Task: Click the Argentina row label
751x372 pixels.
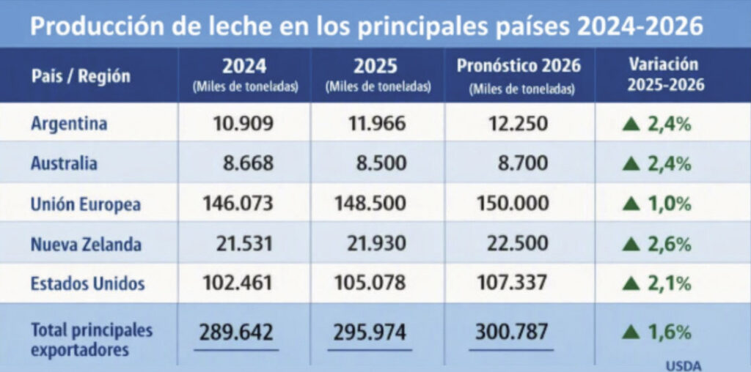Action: pyautogui.click(x=69, y=124)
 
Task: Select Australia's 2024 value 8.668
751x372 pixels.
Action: pyautogui.click(x=248, y=163)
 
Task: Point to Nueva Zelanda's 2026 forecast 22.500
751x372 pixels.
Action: pyautogui.click(x=518, y=243)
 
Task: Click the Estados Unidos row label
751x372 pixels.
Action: pyautogui.click(x=88, y=283)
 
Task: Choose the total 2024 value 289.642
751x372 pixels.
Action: pyautogui.click(x=236, y=332)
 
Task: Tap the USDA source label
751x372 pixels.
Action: pyautogui.click(x=683, y=366)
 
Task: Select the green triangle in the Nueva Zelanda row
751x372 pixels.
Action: pyautogui.click(x=631, y=245)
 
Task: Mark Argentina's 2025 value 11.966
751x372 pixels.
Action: pyautogui.click(x=377, y=124)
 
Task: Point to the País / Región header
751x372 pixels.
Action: pyautogui.click(x=81, y=76)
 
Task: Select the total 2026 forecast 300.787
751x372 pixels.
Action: pyautogui.click(x=511, y=332)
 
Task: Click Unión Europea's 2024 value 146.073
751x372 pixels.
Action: pyautogui.click(x=238, y=204)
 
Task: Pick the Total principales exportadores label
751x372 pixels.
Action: pyautogui.click(x=92, y=340)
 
